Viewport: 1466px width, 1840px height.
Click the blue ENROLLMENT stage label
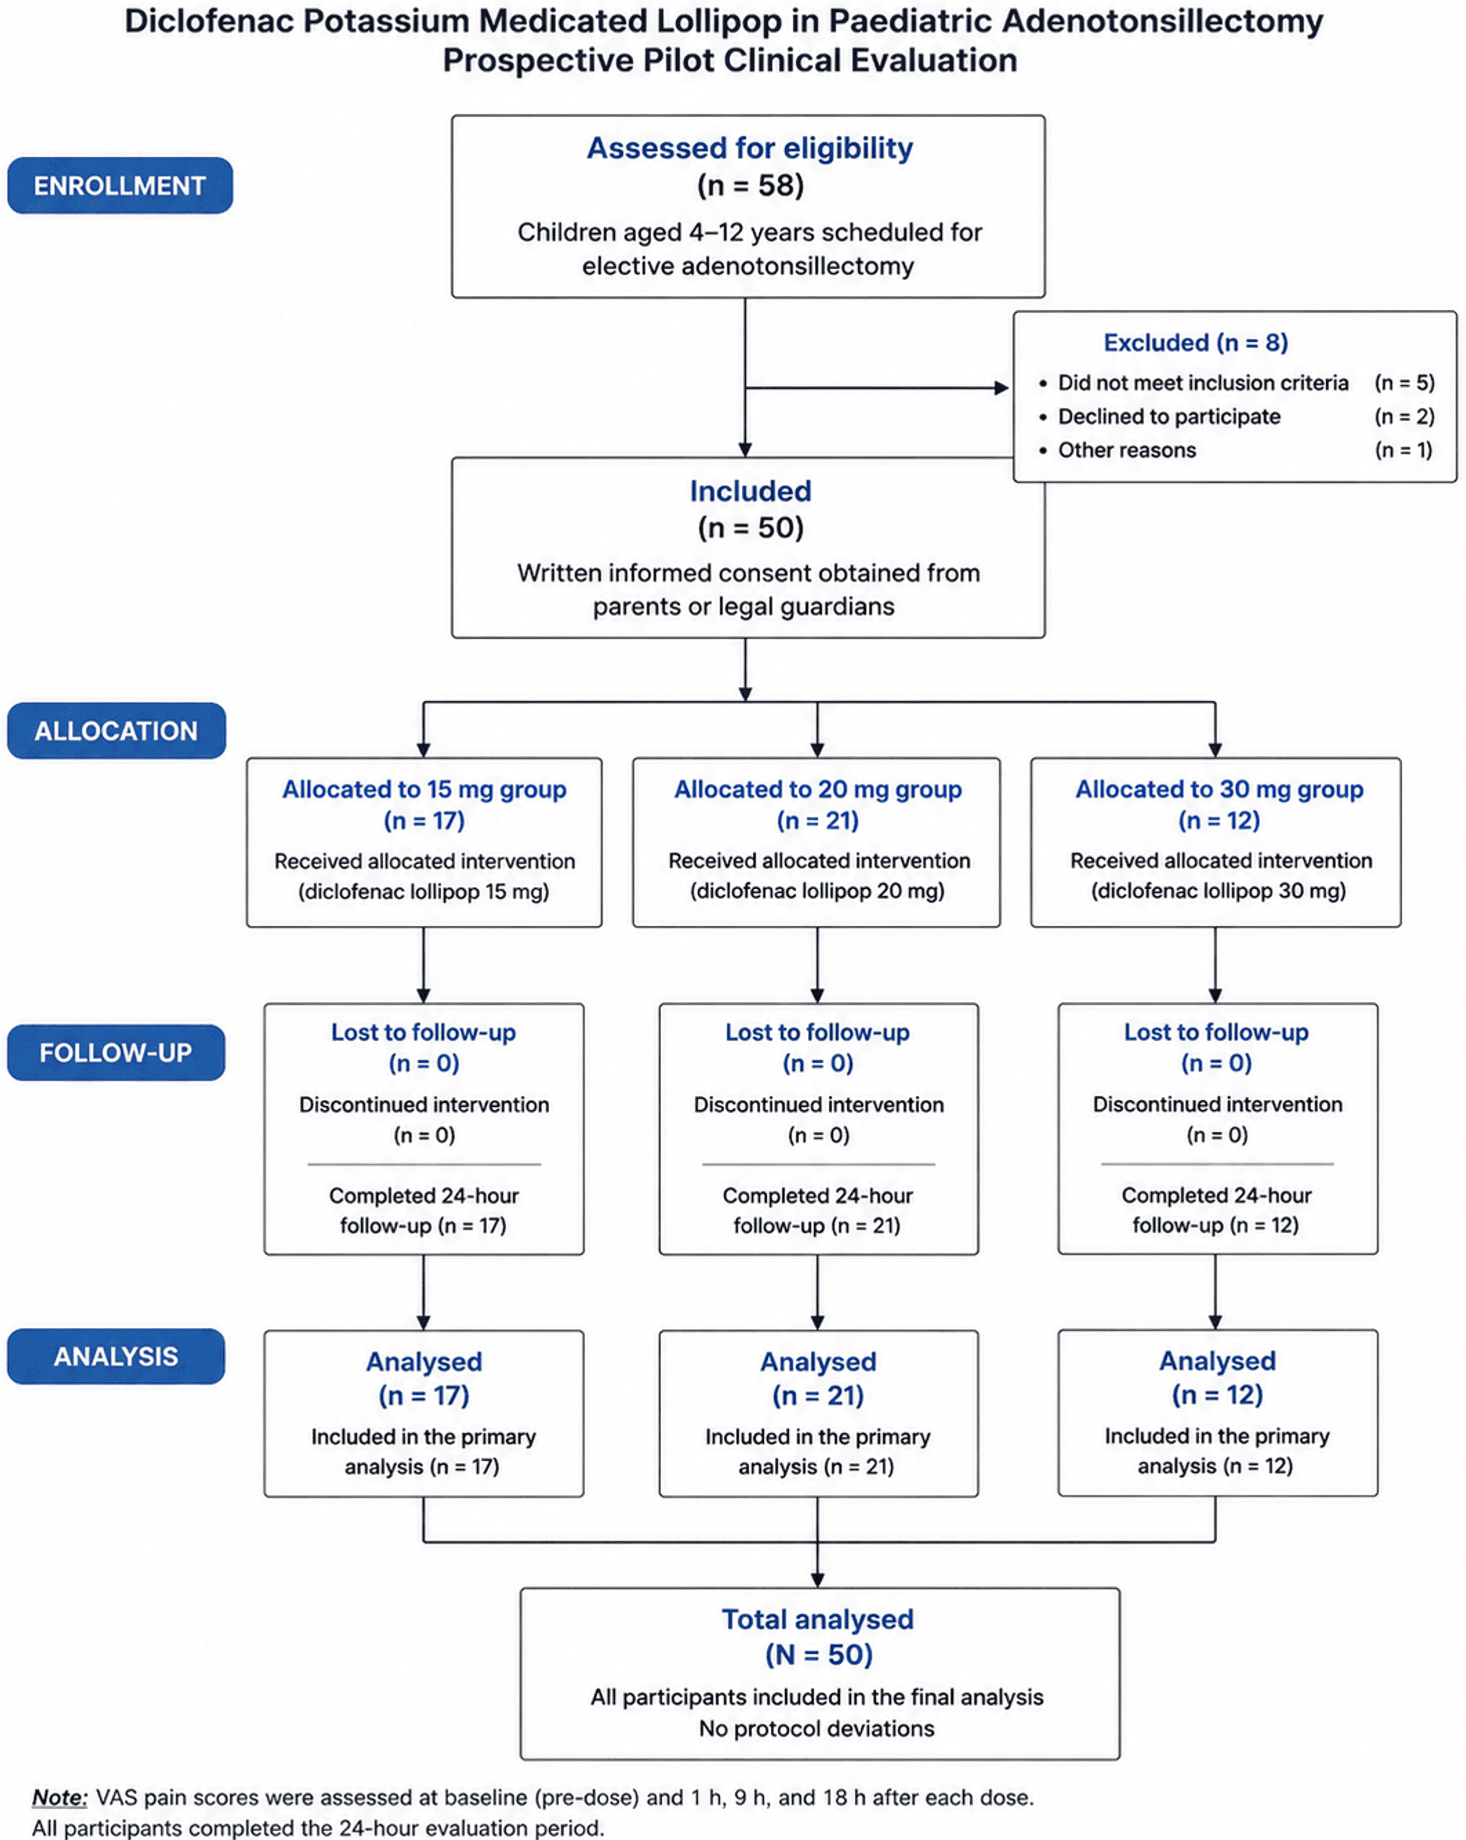119,185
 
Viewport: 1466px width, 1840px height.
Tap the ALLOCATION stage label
116,730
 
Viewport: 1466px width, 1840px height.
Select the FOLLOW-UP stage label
116,1052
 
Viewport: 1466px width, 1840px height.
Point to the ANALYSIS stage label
116,1356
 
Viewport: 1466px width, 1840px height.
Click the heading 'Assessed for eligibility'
749,149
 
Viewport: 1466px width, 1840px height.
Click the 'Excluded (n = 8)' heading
1195,342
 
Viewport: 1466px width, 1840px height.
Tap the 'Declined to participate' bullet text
1169,416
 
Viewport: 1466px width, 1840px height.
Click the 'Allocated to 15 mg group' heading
424,789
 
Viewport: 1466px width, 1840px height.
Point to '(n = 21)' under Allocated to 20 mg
818,820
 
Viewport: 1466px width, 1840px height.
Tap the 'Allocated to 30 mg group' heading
1219,789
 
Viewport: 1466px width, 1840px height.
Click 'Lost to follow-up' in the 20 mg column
818,1032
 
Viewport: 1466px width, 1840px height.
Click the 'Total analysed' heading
818,1619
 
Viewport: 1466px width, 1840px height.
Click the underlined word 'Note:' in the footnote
60,1797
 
